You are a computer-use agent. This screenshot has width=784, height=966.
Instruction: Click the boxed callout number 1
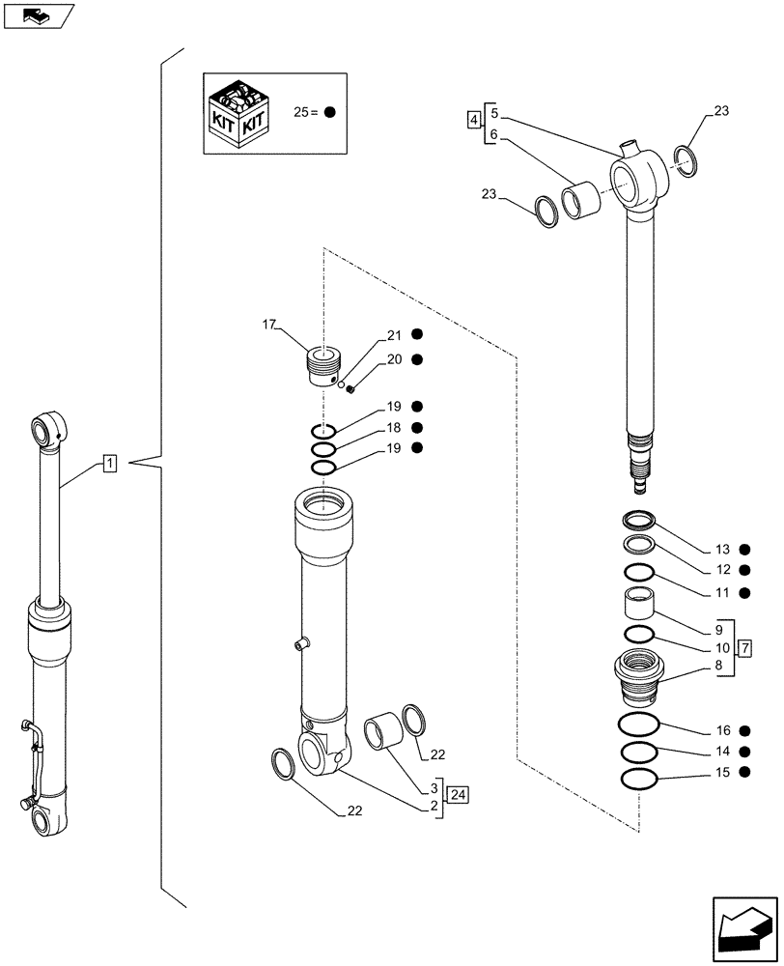tap(110, 465)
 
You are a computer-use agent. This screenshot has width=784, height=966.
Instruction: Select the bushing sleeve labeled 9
tap(638, 605)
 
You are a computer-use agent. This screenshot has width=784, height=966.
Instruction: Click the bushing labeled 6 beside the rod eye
tap(584, 202)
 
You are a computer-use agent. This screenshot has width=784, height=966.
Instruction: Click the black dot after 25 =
tap(330, 112)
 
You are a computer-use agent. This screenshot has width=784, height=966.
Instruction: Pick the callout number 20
tap(393, 359)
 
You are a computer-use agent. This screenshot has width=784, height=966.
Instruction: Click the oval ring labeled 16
tap(638, 725)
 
